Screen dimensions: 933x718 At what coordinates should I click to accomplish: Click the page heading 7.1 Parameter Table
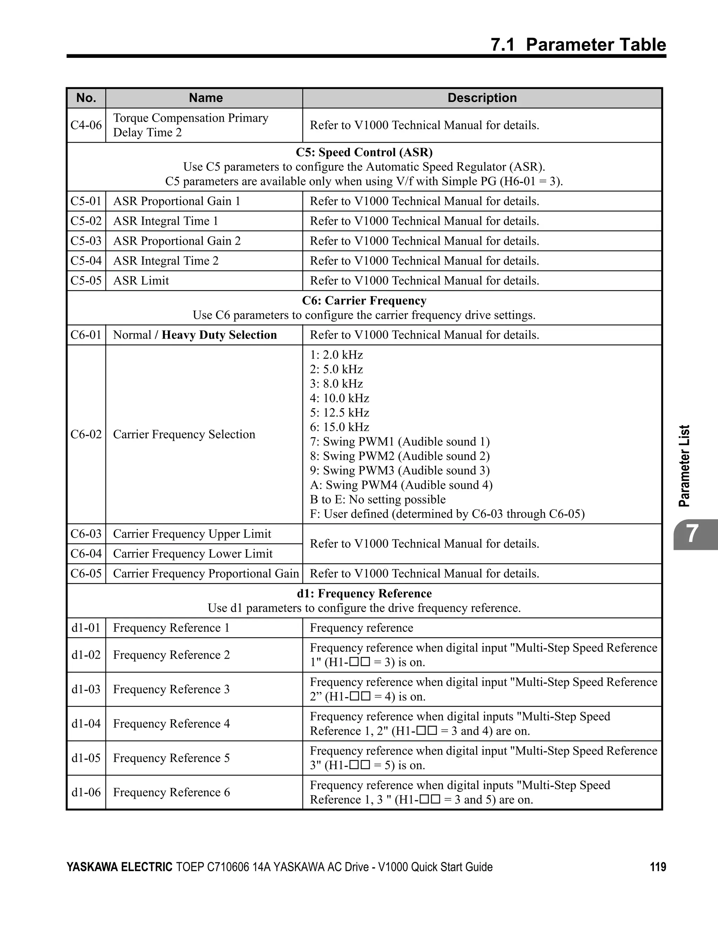click(x=578, y=45)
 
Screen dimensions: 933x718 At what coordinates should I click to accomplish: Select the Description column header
click(x=482, y=98)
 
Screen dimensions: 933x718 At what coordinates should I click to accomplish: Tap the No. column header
click(x=86, y=98)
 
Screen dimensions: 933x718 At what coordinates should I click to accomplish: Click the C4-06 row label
click(x=86, y=125)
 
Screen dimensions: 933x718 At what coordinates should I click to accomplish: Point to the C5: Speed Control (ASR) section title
click(x=364, y=152)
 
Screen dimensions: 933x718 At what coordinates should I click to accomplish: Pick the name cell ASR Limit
click(x=141, y=281)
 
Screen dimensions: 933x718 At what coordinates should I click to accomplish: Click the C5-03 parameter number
click(x=86, y=241)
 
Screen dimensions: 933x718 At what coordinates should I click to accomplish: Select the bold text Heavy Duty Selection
click(x=219, y=335)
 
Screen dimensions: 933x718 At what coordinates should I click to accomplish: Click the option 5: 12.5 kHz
click(x=339, y=413)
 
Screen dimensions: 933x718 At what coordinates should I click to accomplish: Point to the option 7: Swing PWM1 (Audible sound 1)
click(x=400, y=442)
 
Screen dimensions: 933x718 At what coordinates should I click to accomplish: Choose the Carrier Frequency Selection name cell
click(x=184, y=435)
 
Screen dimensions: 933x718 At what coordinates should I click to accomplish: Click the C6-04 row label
click(x=86, y=554)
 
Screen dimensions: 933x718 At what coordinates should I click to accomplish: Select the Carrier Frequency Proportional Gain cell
click(x=205, y=574)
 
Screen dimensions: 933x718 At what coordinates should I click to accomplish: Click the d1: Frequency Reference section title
click(x=364, y=594)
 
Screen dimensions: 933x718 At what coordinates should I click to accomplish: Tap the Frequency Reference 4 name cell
click(x=171, y=724)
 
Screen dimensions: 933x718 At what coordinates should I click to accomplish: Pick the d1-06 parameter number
click(x=86, y=792)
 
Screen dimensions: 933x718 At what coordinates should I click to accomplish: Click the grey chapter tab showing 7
click(x=692, y=534)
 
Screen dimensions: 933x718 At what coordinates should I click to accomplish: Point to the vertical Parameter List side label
click(x=685, y=466)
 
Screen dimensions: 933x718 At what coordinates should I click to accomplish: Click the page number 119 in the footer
click(x=658, y=867)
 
